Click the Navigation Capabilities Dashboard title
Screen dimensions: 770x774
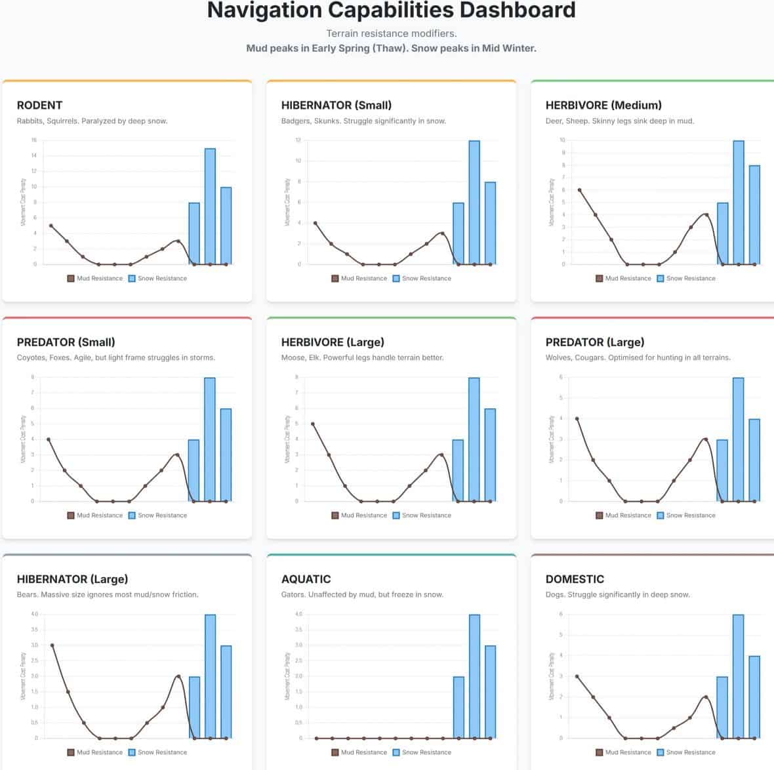(391, 10)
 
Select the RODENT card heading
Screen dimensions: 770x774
(39, 105)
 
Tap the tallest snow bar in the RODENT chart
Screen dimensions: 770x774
(210, 206)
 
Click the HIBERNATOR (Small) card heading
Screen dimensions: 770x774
(336, 105)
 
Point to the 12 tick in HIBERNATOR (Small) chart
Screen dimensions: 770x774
(298, 140)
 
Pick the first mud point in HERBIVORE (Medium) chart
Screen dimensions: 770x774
(579, 190)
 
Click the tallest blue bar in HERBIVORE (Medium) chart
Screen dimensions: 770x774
(739, 202)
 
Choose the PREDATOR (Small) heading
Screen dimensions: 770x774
(66, 342)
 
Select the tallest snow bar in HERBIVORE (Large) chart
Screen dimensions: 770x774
(474, 439)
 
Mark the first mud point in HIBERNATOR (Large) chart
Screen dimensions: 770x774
(52, 645)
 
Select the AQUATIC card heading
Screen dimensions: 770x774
(306, 579)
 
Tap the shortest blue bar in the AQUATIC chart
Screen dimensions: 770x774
(458, 707)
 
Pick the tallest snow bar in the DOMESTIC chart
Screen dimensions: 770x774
(739, 676)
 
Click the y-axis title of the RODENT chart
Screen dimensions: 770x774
(24, 202)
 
